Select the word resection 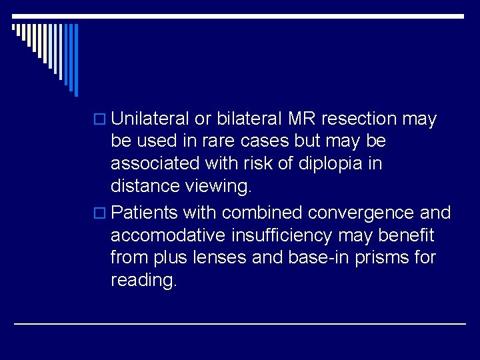coord(360,119)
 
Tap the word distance coord(141,186)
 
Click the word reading coord(144,281)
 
